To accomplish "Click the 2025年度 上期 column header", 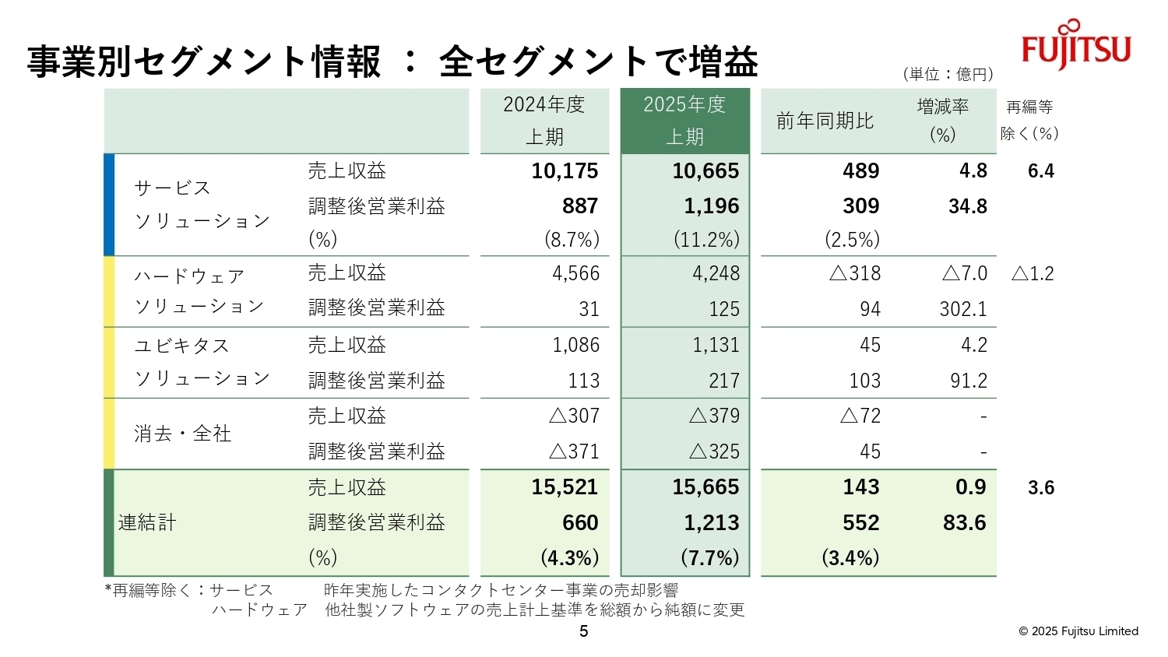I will point(684,121).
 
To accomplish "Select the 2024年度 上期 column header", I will point(544,121).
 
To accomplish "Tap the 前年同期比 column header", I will point(825,121).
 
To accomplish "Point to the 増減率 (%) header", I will point(942,121).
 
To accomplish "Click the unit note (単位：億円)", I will point(948,74).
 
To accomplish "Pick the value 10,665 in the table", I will point(705,171).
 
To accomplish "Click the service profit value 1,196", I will point(711,206).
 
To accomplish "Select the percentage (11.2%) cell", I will point(706,240).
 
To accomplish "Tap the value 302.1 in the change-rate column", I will point(963,309).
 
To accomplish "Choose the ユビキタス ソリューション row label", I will point(202,362).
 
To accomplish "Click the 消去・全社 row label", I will point(183,434).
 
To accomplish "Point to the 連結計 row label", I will point(147,522).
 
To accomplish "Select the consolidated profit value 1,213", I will point(711,523).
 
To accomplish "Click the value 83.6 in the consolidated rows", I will point(964,523).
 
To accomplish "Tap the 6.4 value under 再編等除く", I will point(1040,171).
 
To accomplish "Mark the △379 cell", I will point(714,416).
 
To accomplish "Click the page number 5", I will point(584,631).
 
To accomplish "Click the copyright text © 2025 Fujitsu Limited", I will point(1078,631).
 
